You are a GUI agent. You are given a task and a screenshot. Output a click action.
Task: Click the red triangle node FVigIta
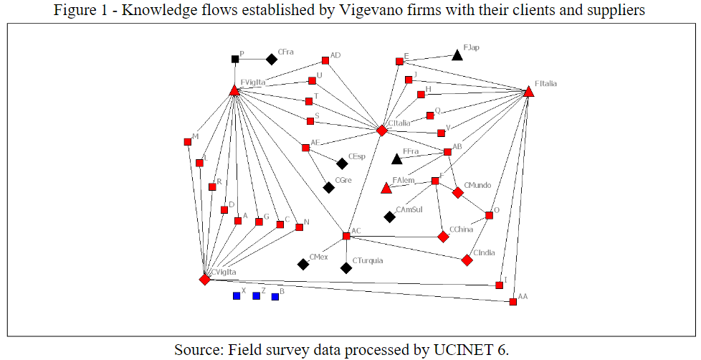click(234, 90)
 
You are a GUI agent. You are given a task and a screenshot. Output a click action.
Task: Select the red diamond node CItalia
click(382, 131)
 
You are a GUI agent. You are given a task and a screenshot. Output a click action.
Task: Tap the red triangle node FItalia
click(528, 92)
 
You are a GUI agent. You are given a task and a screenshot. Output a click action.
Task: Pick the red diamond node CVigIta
click(205, 279)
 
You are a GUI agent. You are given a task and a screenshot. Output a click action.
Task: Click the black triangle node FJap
click(457, 55)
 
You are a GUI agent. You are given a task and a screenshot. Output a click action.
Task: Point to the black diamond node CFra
click(272, 60)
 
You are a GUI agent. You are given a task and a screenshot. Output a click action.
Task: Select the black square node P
click(235, 59)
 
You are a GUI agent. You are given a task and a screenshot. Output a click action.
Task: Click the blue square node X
click(237, 295)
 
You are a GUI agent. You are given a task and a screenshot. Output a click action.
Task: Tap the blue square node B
click(275, 296)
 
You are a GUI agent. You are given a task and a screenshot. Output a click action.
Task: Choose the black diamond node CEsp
click(342, 164)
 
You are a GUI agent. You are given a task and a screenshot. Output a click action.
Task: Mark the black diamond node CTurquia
click(346, 268)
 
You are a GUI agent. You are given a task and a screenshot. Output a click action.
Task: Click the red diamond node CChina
click(444, 237)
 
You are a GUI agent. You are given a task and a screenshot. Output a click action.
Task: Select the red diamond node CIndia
click(467, 260)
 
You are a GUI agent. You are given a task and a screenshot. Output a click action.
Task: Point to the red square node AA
click(513, 302)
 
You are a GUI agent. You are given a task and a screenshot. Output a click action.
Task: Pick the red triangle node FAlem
click(386, 189)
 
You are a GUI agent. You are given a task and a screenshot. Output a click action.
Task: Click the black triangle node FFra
click(397, 158)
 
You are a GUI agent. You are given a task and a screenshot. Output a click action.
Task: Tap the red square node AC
click(346, 236)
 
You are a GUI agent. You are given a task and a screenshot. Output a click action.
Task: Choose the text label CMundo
click(478, 185)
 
